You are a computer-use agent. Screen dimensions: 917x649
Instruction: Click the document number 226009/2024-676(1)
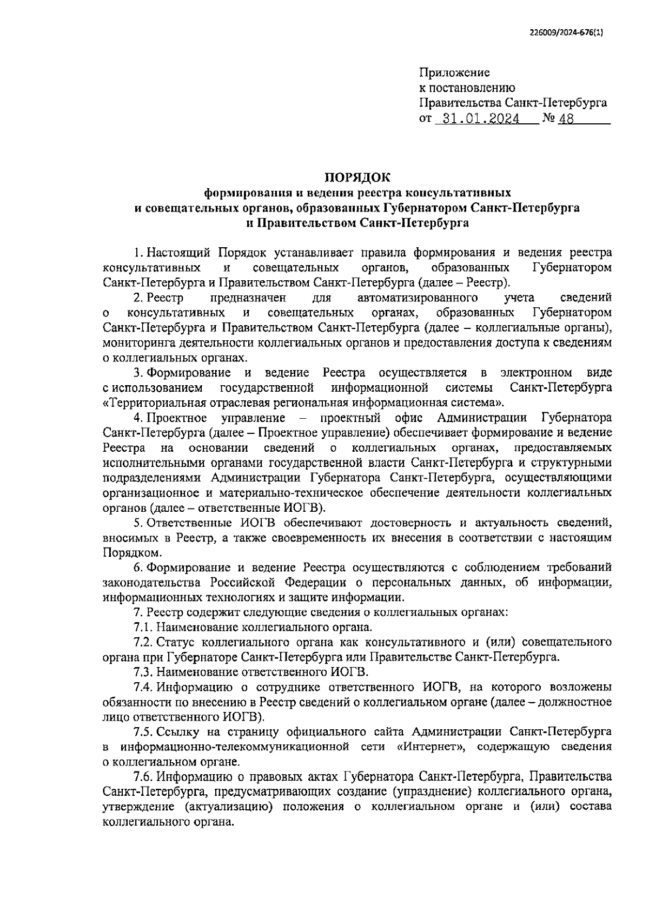click(565, 32)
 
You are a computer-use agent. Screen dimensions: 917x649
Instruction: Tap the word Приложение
click(455, 72)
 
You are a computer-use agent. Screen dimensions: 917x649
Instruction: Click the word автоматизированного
click(417, 298)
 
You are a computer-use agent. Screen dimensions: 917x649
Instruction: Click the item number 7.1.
click(144, 628)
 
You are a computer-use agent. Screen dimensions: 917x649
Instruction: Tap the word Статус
click(176, 642)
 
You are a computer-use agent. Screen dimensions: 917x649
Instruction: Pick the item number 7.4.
click(144, 687)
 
